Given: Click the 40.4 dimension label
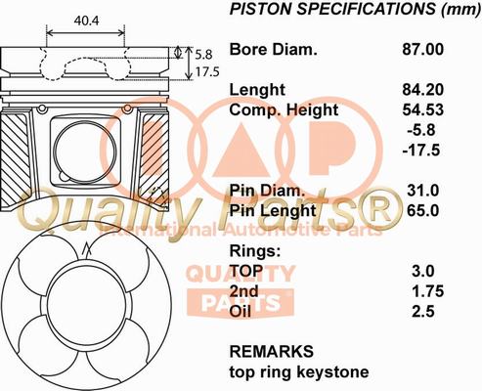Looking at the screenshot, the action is point(86,21).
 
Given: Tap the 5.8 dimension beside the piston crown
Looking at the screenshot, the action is point(203,55).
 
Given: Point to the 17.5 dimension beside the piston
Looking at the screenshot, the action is point(207,72).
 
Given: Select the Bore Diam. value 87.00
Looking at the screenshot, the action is point(422,50).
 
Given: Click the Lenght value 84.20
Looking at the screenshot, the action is point(422,90).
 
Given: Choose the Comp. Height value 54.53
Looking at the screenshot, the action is point(422,109).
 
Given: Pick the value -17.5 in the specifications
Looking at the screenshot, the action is point(421,151).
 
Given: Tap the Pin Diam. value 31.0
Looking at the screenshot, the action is point(423,191).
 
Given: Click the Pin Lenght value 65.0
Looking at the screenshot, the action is point(423,211).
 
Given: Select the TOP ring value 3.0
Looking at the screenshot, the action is point(423,271).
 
